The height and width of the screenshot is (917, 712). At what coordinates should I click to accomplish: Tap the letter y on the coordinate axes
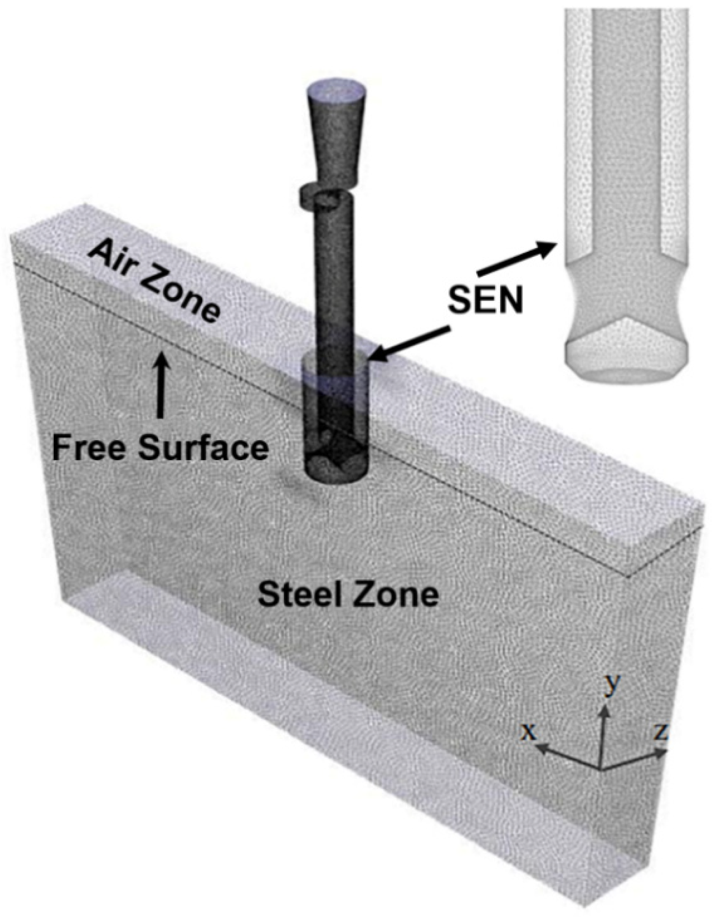[x=612, y=684]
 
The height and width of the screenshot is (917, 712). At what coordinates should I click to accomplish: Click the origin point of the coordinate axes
[x=601, y=769]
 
